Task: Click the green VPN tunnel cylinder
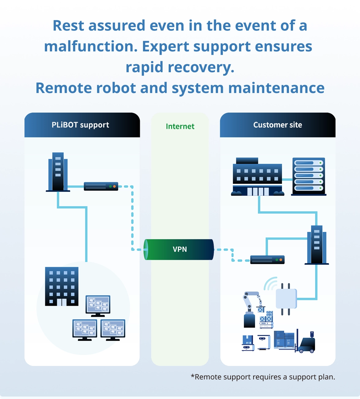(179, 249)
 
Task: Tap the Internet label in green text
(180, 126)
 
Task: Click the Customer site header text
(277, 125)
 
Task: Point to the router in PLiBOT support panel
(101, 186)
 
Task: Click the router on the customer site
(267, 260)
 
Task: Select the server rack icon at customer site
(309, 176)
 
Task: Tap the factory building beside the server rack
(257, 177)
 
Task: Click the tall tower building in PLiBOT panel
(58, 172)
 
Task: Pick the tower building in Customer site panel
(317, 245)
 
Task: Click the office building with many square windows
(62, 286)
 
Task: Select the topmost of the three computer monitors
(98, 306)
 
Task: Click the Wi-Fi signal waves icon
(270, 284)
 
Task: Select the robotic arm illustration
(251, 309)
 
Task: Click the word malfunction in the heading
(91, 47)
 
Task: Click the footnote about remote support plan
(263, 377)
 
